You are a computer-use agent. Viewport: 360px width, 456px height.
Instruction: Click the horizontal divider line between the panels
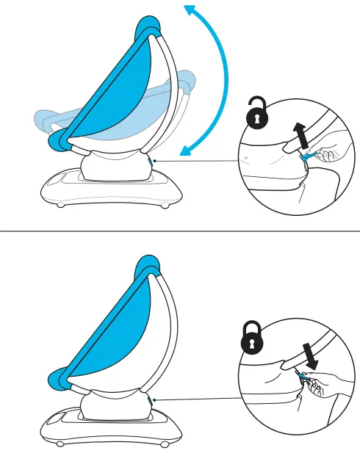pos(180,228)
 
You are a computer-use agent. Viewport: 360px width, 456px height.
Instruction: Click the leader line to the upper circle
pos(198,159)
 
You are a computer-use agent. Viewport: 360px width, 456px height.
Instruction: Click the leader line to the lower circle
pos(198,399)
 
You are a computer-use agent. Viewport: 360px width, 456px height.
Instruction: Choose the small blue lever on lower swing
pos(150,401)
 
